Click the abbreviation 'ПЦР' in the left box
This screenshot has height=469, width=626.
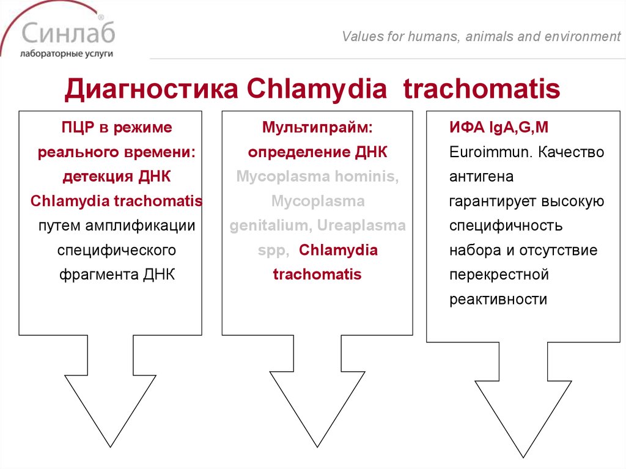76,128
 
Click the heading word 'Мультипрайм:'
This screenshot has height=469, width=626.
317,128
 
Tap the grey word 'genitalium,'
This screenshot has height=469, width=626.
269,226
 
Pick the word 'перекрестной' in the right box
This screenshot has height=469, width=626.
499,275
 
